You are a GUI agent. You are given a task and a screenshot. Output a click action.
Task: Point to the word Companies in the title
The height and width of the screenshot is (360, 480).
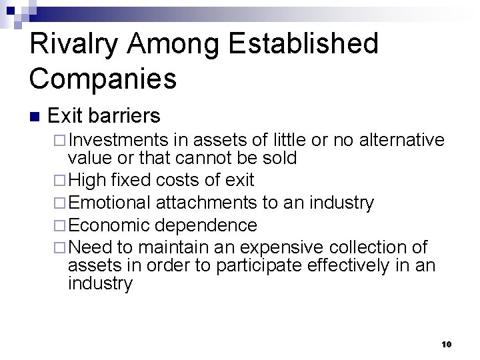[x=103, y=78]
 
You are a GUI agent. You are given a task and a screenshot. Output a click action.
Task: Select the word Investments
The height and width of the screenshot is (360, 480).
[x=118, y=140]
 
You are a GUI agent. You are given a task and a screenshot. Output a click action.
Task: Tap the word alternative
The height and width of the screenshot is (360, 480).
[x=401, y=140]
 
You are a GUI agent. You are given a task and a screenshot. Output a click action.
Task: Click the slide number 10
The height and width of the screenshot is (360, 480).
[x=446, y=344]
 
